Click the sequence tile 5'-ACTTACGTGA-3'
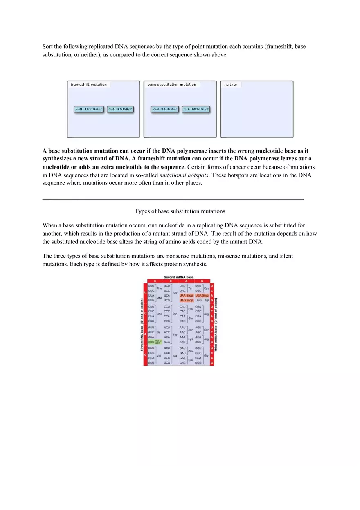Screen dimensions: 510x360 click(88, 109)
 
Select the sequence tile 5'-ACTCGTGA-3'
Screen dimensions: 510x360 click(121, 109)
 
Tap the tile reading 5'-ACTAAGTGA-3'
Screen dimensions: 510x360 click(165, 109)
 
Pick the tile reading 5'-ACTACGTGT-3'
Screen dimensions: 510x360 click(196, 109)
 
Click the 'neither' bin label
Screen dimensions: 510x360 click(231, 85)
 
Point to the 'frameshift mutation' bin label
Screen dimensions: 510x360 click(89, 85)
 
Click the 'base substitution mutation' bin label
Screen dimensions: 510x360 click(172, 85)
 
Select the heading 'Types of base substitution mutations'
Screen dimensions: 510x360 click(180, 211)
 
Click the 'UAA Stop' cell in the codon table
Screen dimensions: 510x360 click(187, 295)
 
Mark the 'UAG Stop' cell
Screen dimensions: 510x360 click(187, 300)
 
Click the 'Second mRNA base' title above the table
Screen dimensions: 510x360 click(179, 277)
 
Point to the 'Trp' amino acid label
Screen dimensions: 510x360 click(207, 300)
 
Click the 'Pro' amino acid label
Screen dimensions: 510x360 click(175, 314)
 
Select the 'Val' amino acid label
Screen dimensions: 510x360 click(159, 356)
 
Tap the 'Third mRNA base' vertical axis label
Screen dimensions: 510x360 click(216, 325)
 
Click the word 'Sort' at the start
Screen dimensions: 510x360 click(47, 47)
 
